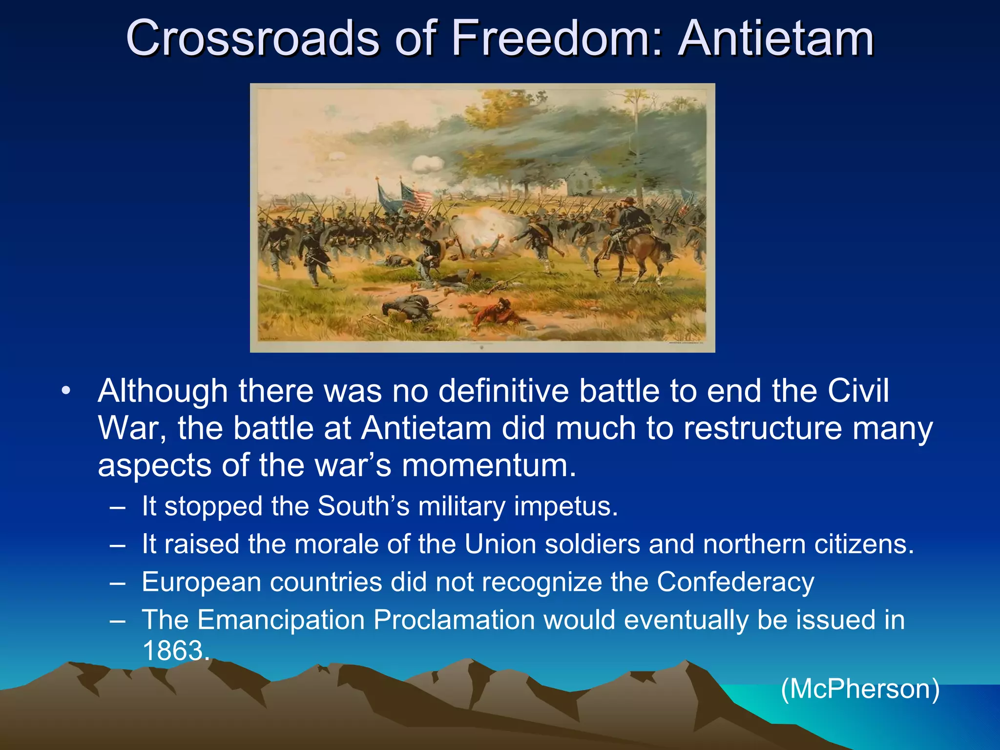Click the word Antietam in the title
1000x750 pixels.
[x=776, y=39]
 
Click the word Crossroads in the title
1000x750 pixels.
[x=252, y=39]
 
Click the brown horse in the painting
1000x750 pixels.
[x=635, y=251]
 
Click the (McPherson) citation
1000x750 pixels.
[x=860, y=689]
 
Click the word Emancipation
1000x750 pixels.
[x=281, y=620]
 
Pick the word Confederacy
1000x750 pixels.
[x=735, y=582]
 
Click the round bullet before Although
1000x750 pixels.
[x=66, y=392]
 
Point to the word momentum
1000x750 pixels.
[x=488, y=465]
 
